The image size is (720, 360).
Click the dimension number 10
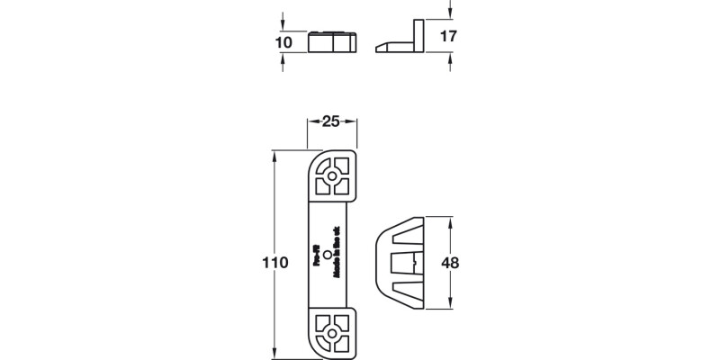pyautogui.click(x=283, y=42)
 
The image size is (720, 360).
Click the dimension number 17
pyautogui.click(x=450, y=37)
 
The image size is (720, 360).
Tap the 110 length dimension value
pyautogui.click(x=276, y=263)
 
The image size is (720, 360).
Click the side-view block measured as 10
pyautogui.click(x=333, y=42)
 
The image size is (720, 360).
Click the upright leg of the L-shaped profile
pyautogui.click(x=418, y=34)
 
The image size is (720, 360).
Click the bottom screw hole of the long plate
pyautogui.click(x=333, y=334)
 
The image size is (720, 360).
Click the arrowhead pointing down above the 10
pyautogui.click(x=283, y=28)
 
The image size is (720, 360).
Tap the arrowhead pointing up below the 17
pyautogui.click(x=450, y=57)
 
